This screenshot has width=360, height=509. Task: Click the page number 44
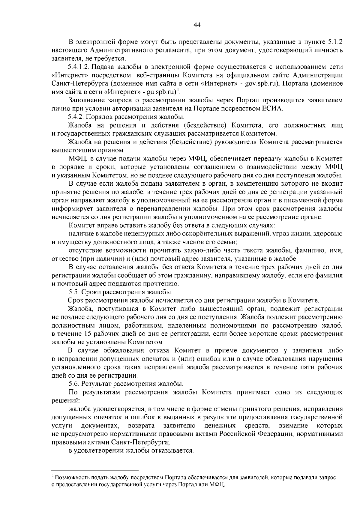coord(197,25)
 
